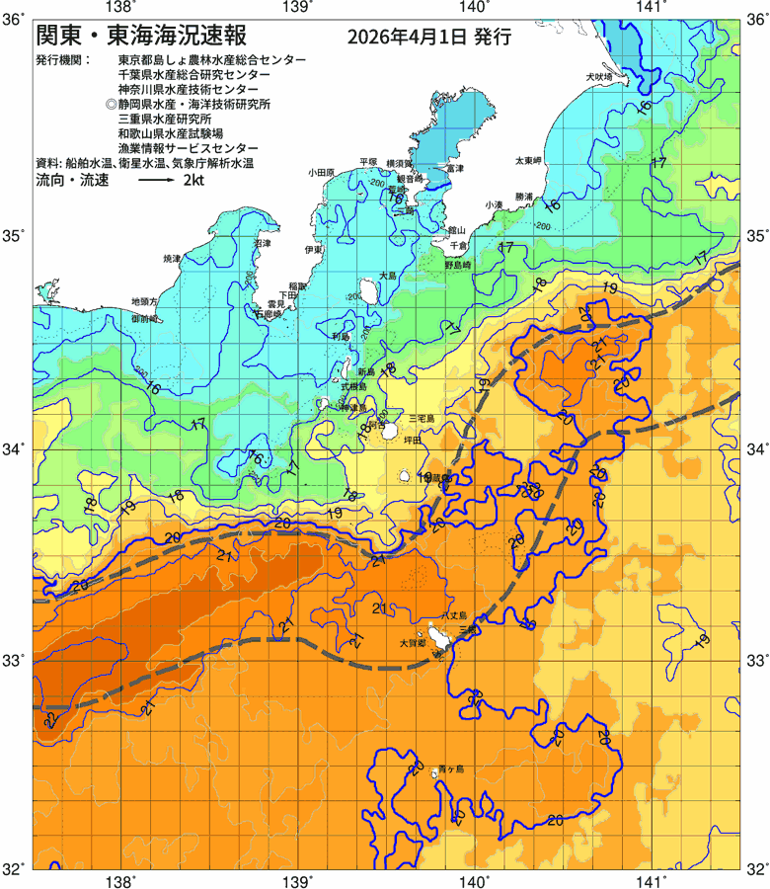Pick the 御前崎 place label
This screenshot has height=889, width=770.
click(144, 320)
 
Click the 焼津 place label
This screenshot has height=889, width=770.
click(172, 257)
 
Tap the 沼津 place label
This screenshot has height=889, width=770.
click(262, 242)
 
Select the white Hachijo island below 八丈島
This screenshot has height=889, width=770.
click(437, 639)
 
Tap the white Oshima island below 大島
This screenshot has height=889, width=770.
click(371, 290)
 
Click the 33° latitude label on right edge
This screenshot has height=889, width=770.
click(755, 659)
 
